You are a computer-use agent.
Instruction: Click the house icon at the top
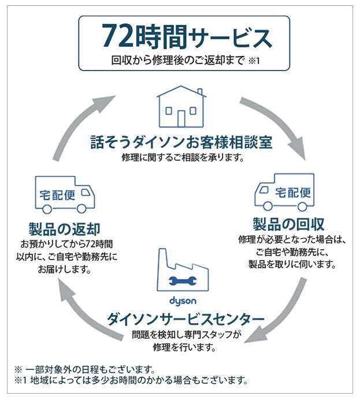pyautogui.click(x=181, y=106)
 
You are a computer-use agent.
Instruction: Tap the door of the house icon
pyautogui.click(x=181, y=118)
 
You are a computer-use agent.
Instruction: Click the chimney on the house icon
pyautogui.click(x=200, y=91)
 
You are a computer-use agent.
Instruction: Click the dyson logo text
pyautogui.click(x=183, y=301)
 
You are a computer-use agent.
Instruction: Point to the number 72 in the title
pyautogui.click(x=117, y=36)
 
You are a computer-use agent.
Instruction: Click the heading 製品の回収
pyautogui.click(x=288, y=224)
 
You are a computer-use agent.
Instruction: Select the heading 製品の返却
pyautogui.click(x=64, y=229)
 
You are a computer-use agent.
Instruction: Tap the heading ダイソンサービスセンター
pyautogui.click(x=185, y=319)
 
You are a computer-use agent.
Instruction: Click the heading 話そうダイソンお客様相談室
pyautogui.click(x=181, y=142)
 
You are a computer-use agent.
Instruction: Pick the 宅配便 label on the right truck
pyautogui.click(x=293, y=193)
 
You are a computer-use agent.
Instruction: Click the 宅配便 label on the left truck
pyautogui.click(x=57, y=195)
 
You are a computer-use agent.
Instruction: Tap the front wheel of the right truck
pyautogui.click(x=268, y=206)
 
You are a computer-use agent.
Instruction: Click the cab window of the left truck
pyautogui.click(x=86, y=192)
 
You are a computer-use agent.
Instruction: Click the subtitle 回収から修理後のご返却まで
pyautogui.click(x=177, y=61)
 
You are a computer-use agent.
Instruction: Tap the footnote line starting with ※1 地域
pyautogui.click(x=131, y=380)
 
